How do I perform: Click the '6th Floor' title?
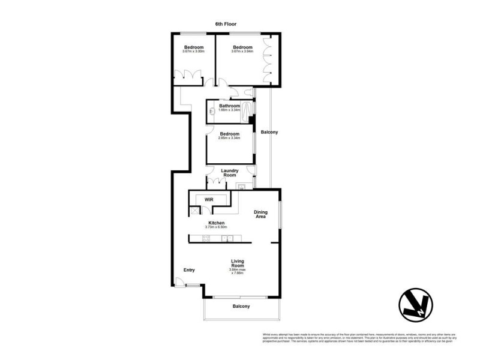click(226, 24)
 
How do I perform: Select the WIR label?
click(209, 199)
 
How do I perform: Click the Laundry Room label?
click(230, 172)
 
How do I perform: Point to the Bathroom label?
click(229, 106)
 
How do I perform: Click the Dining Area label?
click(260, 214)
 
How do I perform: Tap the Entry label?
click(189, 270)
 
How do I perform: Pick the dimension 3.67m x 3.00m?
click(193, 52)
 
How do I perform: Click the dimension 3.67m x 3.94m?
click(242, 52)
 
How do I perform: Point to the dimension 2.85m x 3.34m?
click(229, 138)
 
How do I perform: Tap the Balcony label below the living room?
click(241, 307)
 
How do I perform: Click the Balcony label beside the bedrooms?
click(269, 132)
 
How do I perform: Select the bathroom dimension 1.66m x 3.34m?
click(229, 110)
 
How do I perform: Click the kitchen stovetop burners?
click(205, 239)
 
